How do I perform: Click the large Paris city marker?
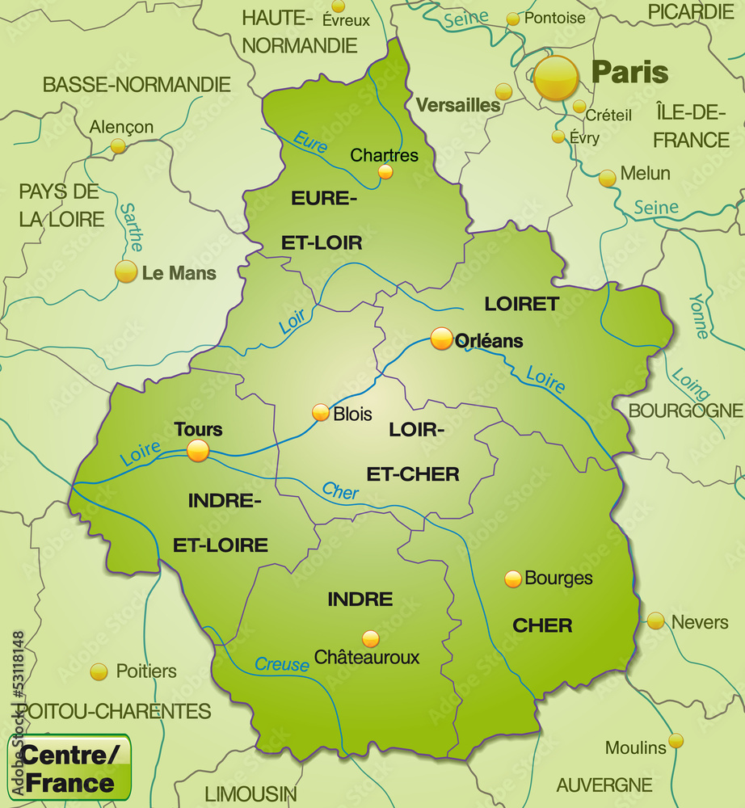[x=556, y=78]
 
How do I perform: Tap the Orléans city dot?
[x=442, y=339]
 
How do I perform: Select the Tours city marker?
[x=198, y=451]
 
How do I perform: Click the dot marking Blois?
[x=321, y=413]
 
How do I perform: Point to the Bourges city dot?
[x=513, y=579]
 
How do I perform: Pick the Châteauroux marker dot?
[x=370, y=639]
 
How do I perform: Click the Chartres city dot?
[x=385, y=171]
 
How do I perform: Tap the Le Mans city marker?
[x=126, y=271]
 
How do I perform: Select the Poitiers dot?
[x=99, y=671]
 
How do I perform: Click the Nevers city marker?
[x=655, y=621]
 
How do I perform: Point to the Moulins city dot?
[x=676, y=740]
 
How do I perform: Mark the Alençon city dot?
[x=119, y=145]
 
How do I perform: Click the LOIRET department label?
[x=521, y=304]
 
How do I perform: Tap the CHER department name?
[x=542, y=625]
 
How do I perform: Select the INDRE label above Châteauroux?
[x=360, y=600]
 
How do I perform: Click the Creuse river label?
[x=282, y=665]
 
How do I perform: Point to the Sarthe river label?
[x=132, y=226]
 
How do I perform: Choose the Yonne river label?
[x=697, y=315]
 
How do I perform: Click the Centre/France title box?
[x=69, y=768]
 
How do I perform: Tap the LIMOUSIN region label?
[x=250, y=793]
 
